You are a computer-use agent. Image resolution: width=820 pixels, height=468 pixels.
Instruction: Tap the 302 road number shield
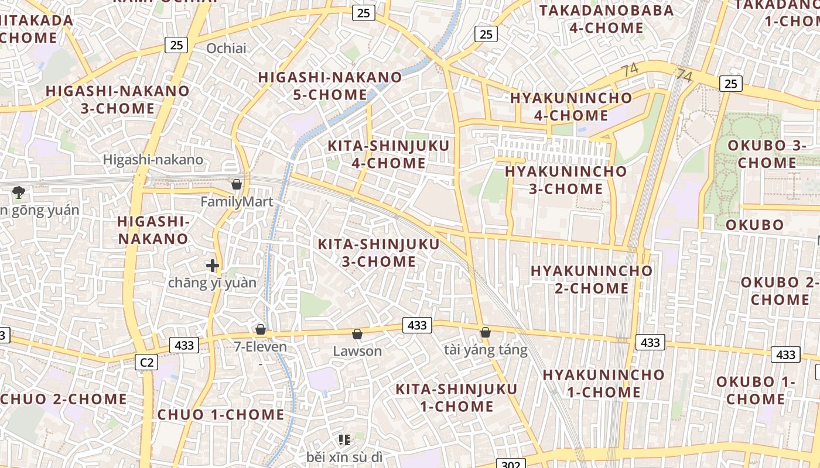(511, 464)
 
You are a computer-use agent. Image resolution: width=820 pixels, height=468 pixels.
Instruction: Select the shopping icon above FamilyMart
(237, 184)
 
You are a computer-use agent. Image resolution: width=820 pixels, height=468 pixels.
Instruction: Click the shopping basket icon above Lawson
(357, 334)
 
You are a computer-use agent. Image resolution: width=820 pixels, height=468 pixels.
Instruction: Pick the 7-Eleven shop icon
(261, 330)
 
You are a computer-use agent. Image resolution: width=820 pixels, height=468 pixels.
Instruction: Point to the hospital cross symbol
(213, 266)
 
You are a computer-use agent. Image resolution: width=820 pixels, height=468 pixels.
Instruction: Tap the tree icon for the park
(19, 191)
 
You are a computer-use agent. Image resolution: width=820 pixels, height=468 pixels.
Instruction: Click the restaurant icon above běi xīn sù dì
(344, 439)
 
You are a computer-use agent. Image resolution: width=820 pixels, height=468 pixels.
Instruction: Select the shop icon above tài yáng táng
(485, 332)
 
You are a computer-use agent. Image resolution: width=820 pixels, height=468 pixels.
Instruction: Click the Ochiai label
(226, 49)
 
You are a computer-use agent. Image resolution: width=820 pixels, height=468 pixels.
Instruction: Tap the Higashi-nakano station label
(153, 160)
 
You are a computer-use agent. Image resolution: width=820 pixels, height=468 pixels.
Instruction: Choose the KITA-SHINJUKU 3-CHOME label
(378, 253)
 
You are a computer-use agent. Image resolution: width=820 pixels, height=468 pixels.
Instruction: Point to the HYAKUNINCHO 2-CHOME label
(592, 279)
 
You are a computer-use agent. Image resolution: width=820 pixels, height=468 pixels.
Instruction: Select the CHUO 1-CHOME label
(221, 415)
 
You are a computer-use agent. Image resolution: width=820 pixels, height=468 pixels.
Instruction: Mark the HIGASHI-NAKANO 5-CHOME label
(330, 86)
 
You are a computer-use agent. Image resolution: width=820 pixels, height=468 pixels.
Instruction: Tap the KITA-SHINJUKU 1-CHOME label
(456, 397)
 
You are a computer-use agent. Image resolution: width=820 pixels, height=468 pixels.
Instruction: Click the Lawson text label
(357, 351)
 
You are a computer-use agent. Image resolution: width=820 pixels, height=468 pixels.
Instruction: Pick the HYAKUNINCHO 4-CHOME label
(571, 106)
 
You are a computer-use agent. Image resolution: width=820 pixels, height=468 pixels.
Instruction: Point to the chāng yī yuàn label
(212, 283)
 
